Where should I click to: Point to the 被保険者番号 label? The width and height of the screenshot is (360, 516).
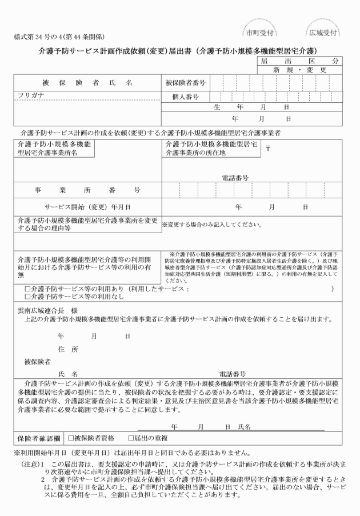185,82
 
